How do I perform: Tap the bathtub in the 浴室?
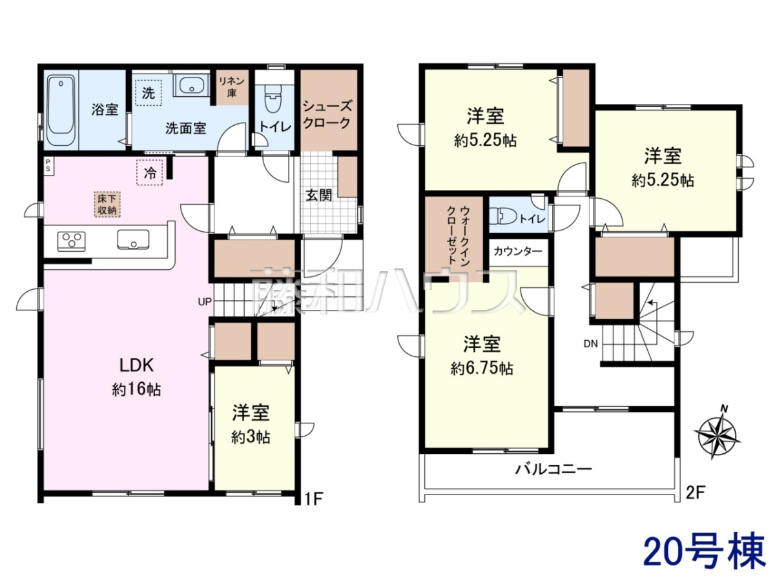click(x=61, y=110)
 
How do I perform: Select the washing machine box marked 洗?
click(x=149, y=93)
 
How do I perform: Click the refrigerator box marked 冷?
click(x=150, y=172)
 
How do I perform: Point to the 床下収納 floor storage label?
click(x=107, y=204)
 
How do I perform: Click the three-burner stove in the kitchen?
click(x=72, y=241)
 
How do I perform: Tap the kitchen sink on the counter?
click(x=133, y=239)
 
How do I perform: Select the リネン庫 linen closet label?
click(x=232, y=87)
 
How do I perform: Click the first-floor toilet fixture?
click(x=273, y=98)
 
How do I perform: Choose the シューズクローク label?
click(x=327, y=114)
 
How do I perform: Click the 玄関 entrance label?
click(x=318, y=195)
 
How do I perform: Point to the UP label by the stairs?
click(x=205, y=301)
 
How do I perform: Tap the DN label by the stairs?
click(x=590, y=343)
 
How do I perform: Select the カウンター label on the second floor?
click(x=517, y=252)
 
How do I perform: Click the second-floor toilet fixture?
click(x=506, y=217)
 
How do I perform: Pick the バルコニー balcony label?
click(x=553, y=469)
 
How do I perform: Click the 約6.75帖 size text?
click(x=482, y=369)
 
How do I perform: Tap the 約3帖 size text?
click(x=251, y=438)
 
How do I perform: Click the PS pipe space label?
click(x=48, y=165)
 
